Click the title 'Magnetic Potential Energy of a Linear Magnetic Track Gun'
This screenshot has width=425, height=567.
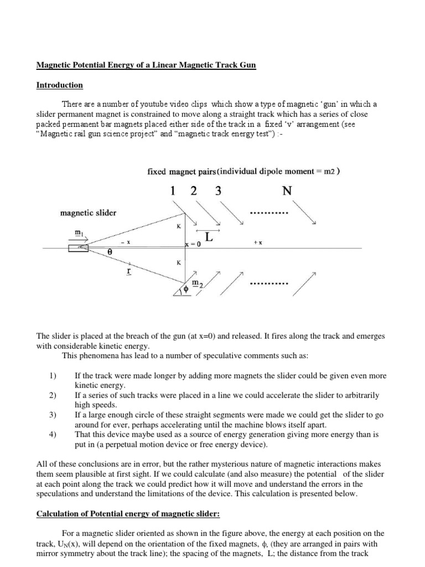(146, 65)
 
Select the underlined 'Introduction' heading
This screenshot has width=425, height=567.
(59, 85)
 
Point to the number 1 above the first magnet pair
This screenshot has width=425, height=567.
(173, 192)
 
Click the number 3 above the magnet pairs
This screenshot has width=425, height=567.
(219, 192)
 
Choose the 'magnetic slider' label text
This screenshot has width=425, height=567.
(86, 213)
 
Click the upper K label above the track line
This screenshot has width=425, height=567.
(179, 226)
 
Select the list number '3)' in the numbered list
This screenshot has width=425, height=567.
(53, 415)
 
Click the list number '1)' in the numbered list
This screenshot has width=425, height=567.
(53, 375)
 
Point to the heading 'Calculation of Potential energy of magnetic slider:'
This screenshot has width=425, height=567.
(128, 514)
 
